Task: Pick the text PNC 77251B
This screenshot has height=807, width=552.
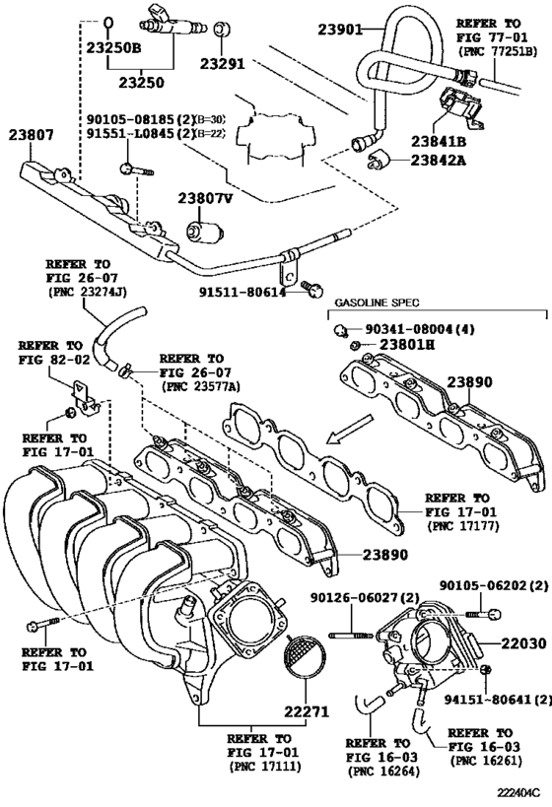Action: tap(503, 49)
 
